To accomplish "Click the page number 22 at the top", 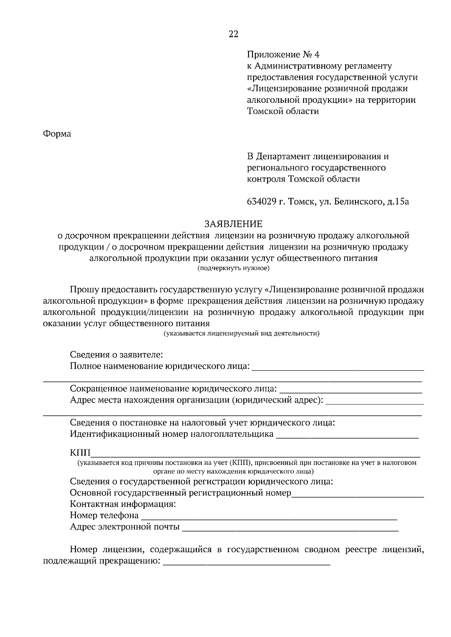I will coord(233,34).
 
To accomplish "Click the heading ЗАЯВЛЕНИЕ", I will coord(233,224).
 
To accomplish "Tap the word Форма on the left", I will coord(57,134).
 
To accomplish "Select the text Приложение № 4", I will coord(283,55).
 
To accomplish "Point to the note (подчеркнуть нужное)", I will coord(233,268).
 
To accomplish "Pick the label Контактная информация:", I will coord(123,504).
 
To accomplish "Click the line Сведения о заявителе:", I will coord(116,355).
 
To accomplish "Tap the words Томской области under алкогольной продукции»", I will coord(283,111).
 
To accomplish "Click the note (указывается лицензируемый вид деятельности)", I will coord(241,333).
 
